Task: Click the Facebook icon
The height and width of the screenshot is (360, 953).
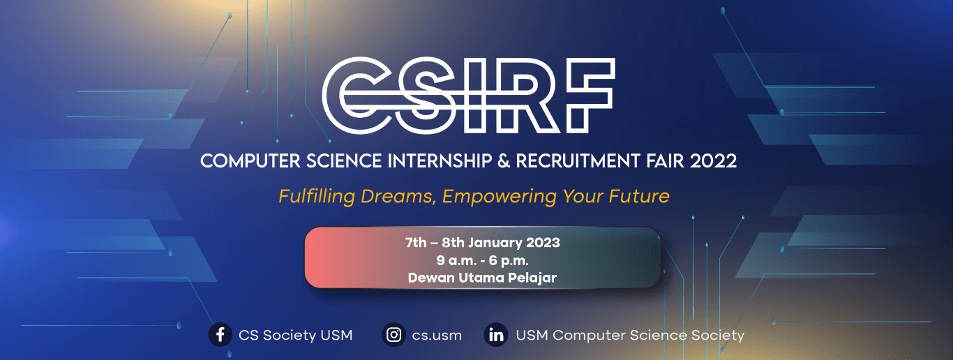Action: pos(220,335)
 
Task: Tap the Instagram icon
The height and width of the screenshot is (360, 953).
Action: pos(394,335)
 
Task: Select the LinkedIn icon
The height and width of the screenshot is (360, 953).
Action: pos(496,335)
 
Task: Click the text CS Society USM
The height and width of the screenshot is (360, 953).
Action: pos(295,336)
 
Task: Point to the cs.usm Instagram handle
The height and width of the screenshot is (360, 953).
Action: pos(437,336)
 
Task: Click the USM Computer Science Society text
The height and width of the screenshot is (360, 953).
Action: pos(630,336)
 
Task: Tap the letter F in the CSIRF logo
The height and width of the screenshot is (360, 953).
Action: pos(586,94)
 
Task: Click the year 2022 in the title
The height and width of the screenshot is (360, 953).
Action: pos(713,161)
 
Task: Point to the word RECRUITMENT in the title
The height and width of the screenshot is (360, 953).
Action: pos(574,161)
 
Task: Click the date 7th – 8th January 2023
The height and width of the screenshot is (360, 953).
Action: pos(483,243)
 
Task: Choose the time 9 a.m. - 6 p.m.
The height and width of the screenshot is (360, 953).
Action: pos(483,261)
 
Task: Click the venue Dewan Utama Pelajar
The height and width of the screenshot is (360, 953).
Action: pos(483,278)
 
